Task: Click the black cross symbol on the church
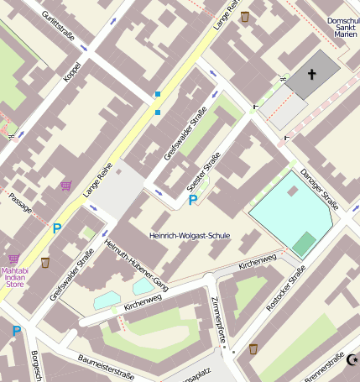(312, 75)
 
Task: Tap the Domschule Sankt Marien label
(342, 29)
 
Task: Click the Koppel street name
(72, 71)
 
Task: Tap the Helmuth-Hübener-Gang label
(136, 265)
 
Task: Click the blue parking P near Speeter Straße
(193, 200)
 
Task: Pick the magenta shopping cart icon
(65, 185)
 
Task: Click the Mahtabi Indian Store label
(15, 277)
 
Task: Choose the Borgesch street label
(36, 365)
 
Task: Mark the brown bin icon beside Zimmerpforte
(253, 348)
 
